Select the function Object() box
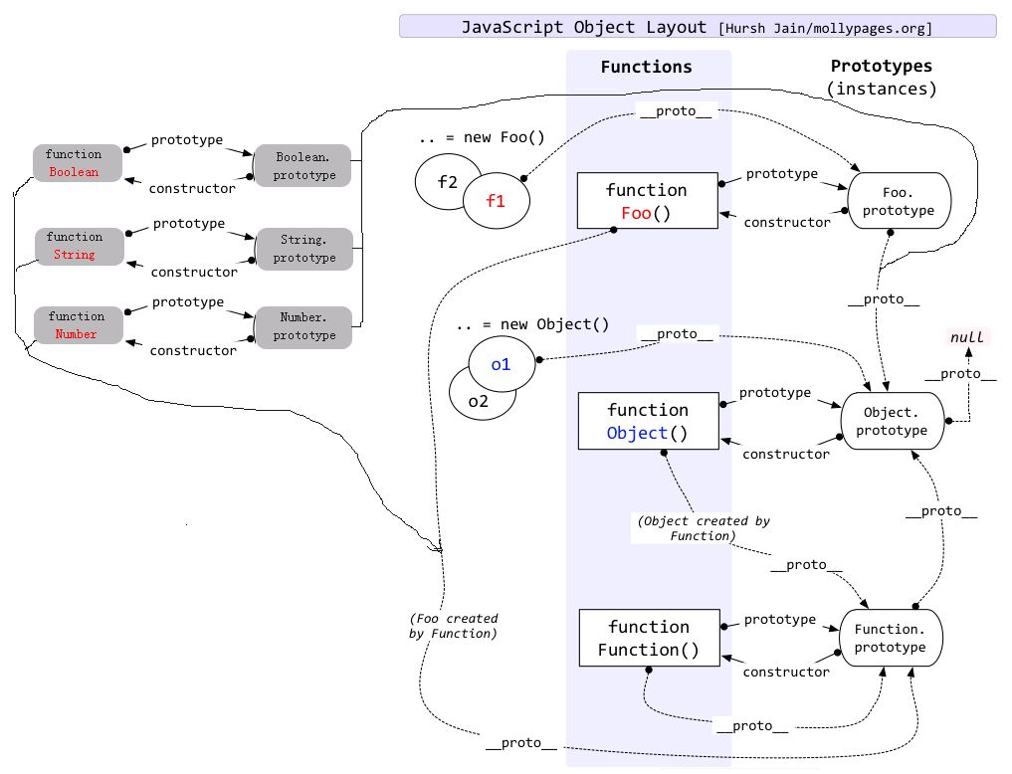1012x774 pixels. pyautogui.click(x=647, y=422)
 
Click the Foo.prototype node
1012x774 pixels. pyautogui.click(x=899, y=202)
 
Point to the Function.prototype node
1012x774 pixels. pyautogui.click(x=890, y=638)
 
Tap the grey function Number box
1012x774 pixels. pyautogui.click(x=76, y=325)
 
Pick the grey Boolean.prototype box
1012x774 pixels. pyautogui.click(x=304, y=166)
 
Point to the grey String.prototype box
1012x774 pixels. pyautogui.click(x=305, y=249)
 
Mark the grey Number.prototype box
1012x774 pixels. pyautogui.click(x=304, y=326)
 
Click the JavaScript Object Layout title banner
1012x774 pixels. pyautogui.click(x=697, y=27)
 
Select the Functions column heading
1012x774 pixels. pyautogui.click(x=646, y=68)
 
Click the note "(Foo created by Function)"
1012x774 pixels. pyautogui.click(x=453, y=626)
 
